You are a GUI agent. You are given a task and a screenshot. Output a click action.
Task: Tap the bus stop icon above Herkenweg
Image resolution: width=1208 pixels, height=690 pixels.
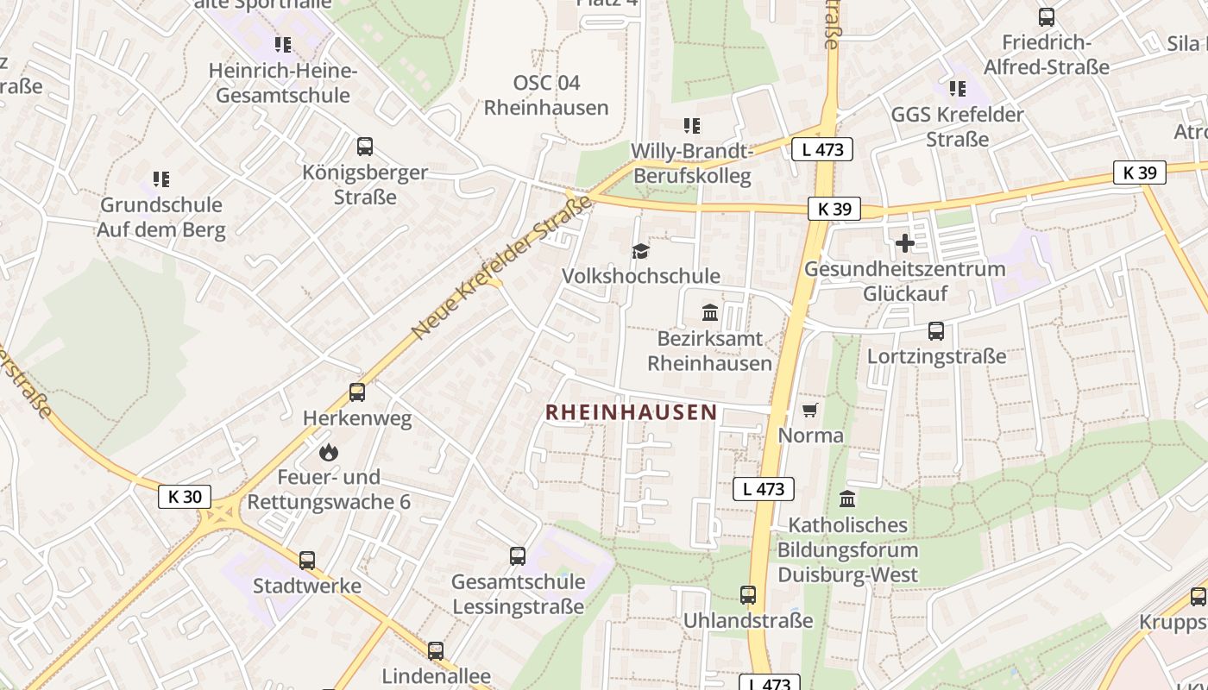click(357, 392)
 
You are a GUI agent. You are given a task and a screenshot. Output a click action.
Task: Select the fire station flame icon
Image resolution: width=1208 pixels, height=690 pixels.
click(328, 451)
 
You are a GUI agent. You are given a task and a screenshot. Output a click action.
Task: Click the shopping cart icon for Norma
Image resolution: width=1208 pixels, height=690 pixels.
click(809, 410)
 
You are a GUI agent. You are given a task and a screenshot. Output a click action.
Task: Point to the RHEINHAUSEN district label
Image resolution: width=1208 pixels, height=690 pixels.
click(632, 412)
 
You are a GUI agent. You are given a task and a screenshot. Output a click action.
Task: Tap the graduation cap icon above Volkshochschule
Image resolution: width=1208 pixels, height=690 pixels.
click(640, 251)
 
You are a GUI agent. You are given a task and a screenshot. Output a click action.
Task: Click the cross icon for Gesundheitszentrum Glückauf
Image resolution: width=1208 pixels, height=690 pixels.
click(904, 243)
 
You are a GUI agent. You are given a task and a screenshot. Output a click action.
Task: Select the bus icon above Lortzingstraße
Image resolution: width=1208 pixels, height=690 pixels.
click(936, 330)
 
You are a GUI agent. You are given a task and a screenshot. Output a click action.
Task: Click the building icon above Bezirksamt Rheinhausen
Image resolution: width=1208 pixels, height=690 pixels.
click(710, 312)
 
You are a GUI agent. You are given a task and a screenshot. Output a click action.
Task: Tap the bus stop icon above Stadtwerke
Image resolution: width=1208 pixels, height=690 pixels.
click(307, 560)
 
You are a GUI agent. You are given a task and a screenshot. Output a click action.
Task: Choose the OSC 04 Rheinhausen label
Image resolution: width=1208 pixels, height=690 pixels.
click(546, 95)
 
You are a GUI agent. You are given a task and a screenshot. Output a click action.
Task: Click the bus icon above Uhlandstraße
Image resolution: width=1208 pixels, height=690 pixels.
click(748, 594)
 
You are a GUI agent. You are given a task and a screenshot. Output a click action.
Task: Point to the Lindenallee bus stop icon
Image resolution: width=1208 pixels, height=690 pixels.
click(436, 650)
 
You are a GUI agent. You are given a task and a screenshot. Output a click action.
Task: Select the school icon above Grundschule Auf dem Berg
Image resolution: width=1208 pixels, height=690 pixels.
click(161, 179)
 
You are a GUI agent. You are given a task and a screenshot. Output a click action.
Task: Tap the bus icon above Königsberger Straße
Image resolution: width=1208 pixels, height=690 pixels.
click(365, 147)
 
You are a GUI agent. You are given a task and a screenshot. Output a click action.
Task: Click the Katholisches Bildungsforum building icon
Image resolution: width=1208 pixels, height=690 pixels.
click(847, 499)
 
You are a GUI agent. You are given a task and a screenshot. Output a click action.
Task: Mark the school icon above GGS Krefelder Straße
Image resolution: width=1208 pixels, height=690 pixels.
click(957, 88)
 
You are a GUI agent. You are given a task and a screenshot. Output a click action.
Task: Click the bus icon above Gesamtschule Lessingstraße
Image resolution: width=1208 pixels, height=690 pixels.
click(518, 556)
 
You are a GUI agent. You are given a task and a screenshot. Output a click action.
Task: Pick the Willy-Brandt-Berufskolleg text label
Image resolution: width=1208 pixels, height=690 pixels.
click(692, 164)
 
